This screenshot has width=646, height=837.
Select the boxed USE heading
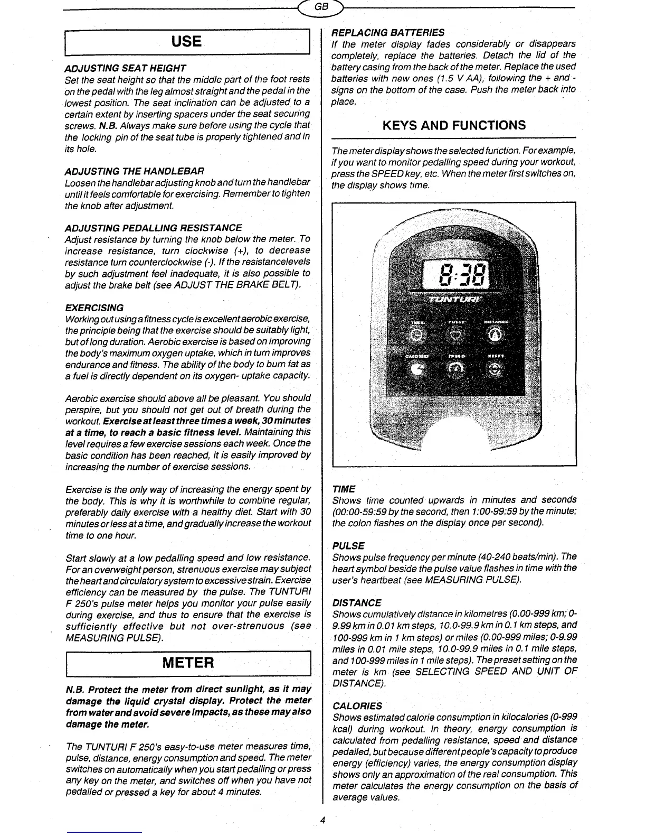click(186, 42)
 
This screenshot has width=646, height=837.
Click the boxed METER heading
click(186, 663)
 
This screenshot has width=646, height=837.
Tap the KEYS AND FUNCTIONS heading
click(453, 125)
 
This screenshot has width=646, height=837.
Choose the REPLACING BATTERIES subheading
click(387, 32)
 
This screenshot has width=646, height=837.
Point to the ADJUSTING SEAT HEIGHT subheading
click(125, 69)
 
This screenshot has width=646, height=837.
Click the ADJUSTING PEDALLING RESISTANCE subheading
click(153, 228)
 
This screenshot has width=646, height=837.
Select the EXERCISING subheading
click(94, 308)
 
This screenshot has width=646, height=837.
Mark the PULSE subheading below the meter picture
click(348, 545)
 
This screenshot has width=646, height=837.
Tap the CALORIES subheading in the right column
click(357, 706)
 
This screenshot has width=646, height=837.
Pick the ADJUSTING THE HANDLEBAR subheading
click(134, 172)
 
